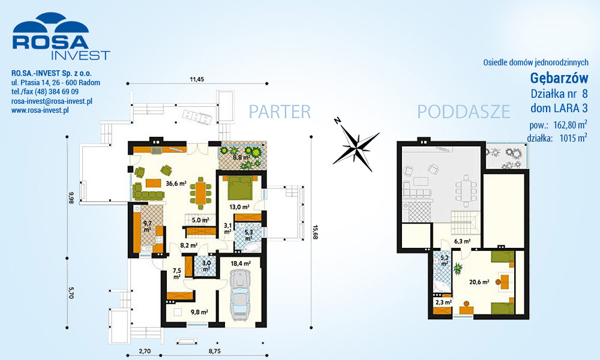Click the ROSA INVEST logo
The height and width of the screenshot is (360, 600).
click(61, 37)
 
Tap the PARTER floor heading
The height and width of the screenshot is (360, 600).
click(280, 112)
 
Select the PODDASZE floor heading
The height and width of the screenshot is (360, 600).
click(464, 112)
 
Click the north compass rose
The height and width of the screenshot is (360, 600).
click(355, 145)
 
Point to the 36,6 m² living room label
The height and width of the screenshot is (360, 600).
click(176, 183)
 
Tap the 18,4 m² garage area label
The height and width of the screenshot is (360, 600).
click(241, 263)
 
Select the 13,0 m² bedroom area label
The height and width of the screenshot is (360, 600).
click(239, 207)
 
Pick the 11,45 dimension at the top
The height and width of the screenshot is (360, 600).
click(197, 80)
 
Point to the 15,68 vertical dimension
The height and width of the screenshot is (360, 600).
click(316, 232)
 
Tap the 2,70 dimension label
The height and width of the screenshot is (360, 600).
click(145, 351)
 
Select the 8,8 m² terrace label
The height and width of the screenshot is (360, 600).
click(242, 157)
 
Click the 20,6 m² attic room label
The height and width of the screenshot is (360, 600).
click(479, 283)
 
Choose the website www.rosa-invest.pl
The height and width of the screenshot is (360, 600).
click(40, 110)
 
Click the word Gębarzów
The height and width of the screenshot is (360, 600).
click(559, 78)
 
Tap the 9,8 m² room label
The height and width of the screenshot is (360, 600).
click(199, 312)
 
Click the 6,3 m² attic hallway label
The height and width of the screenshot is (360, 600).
click(462, 241)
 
